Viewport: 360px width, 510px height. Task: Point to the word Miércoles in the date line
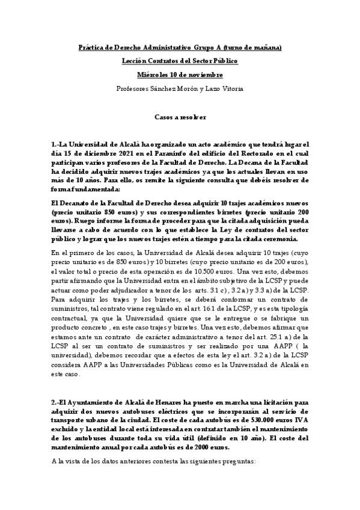[153, 75]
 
